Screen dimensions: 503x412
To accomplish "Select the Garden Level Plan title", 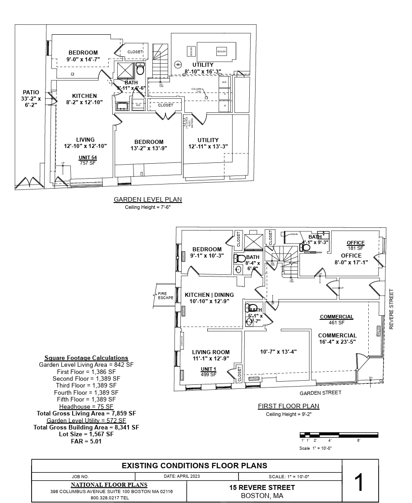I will [147, 199].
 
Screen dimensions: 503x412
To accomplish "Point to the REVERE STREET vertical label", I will [391, 309].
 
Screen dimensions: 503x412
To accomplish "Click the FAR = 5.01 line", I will [86, 442].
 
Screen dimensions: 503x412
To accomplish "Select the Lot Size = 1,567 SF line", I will [86, 434].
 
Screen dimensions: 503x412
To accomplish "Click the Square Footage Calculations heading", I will [86, 358].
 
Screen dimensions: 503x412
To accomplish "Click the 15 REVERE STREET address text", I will [262, 487].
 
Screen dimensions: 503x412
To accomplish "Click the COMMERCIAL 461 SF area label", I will [337, 319].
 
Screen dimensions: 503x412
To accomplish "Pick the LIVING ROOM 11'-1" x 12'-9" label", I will [211, 355].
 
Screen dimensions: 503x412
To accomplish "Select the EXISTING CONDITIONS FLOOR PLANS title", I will [195, 466].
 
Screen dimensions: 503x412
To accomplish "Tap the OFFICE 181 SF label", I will [356, 245].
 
